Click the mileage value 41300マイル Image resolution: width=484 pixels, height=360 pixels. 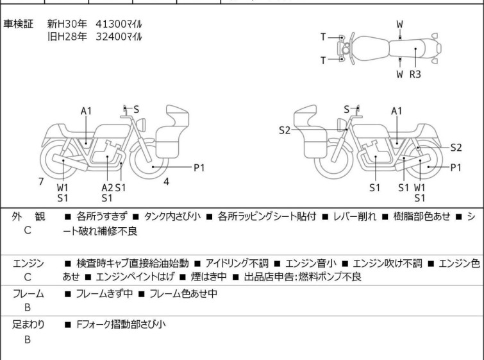pyautogui.click(x=119, y=24)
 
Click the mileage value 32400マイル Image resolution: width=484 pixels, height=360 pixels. pyautogui.click(x=119, y=37)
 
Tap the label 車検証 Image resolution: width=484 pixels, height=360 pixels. pyautogui.click(x=19, y=24)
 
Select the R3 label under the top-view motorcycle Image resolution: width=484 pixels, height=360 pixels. pyautogui.click(x=415, y=74)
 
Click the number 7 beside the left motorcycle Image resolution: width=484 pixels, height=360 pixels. pyautogui.click(x=41, y=182)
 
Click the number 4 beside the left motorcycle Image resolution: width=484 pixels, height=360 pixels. pyautogui.click(x=166, y=182)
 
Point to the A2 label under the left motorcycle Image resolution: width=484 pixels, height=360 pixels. pyautogui.click(x=107, y=187)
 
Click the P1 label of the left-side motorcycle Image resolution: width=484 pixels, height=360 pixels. pyautogui.click(x=199, y=168)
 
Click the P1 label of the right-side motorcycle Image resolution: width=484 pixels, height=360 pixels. pyautogui.click(x=456, y=168)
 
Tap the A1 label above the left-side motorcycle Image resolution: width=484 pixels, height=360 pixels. pyautogui.click(x=87, y=111)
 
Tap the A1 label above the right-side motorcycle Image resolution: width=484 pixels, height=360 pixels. pyautogui.click(x=397, y=111)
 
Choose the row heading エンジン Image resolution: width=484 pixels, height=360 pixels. pyautogui.click(x=28, y=263)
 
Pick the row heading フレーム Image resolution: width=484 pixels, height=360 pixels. pyautogui.click(x=28, y=294)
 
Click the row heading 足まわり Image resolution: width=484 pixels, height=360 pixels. pyautogui.click(x=28, y=325)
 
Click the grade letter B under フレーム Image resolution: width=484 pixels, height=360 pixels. pyautogui.click(x=28, y=308)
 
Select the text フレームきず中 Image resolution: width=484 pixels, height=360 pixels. pyautogui.click(x=101, y=294)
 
